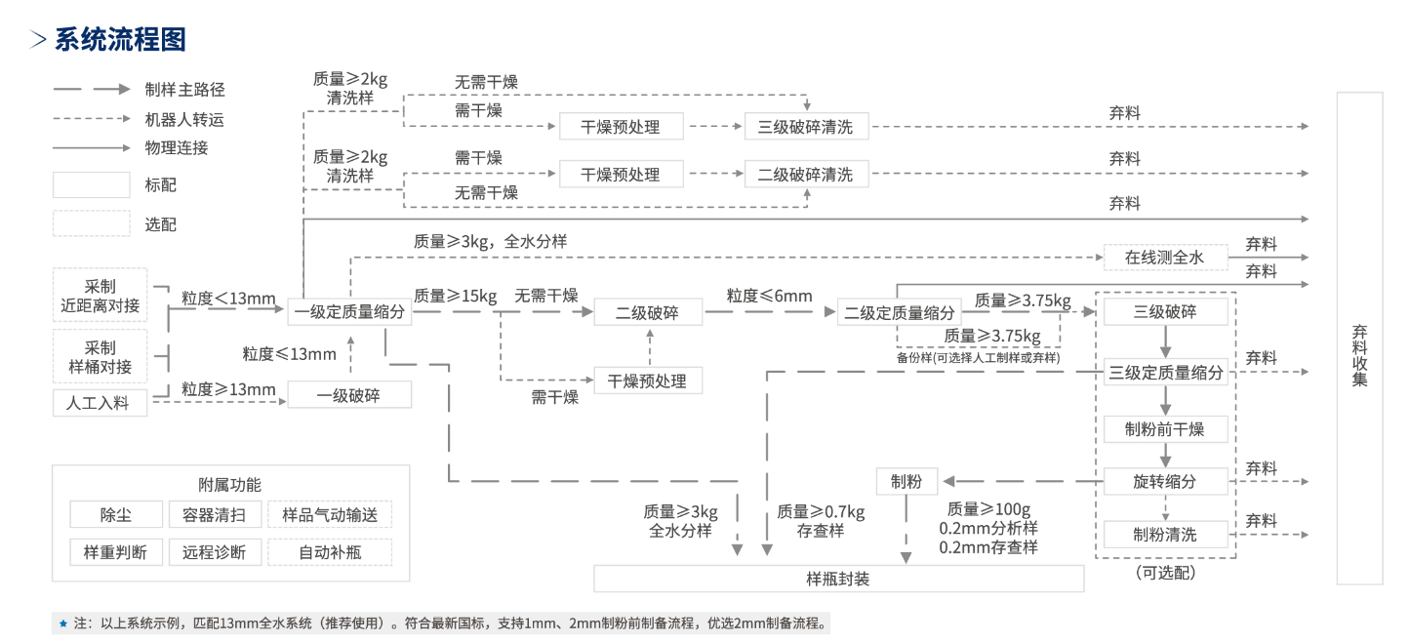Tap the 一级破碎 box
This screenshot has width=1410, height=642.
click(x=349, y=394)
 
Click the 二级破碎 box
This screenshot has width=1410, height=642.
click(x=648, y=313)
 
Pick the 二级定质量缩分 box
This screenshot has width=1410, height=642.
click(x=899, y=313)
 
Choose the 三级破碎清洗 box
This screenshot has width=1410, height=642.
click(x=805, y=127)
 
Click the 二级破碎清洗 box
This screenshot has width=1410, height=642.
click(x=805, y=175)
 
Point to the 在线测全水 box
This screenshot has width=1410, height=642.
click(x=1164, y=258)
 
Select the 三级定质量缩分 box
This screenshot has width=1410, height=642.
click(x=1165, y=373)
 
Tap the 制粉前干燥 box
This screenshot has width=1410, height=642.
click(x=1165, y=429)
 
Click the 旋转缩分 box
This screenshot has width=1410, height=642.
click(x=1165, y=481)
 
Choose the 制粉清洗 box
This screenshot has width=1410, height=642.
click(x=1165, y=535)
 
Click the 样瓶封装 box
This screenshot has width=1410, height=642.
click(x=838, y=579)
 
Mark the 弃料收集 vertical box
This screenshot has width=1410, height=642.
click(x=1359, y=338)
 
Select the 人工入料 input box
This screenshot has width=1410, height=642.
click(x=99, y=402)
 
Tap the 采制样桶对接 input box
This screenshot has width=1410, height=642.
click(x=100, y=357)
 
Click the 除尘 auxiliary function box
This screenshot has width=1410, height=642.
click(x=115, y=514)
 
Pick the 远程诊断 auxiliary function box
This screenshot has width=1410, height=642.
click(x=214, y=551)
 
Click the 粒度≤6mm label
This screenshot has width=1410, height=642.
click(x=769, y=296)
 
